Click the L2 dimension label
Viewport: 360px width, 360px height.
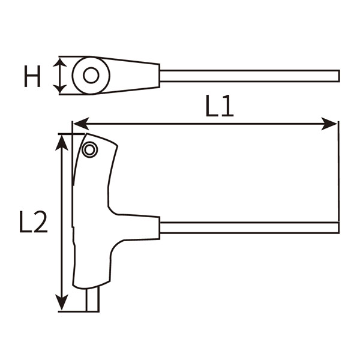33,222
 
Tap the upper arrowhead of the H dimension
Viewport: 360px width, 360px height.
59,62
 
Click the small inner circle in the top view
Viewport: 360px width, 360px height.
91,76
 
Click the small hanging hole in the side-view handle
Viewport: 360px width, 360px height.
90,151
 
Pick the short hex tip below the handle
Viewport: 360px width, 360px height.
92,299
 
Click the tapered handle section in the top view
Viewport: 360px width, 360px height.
135,76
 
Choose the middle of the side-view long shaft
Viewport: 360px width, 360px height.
249,227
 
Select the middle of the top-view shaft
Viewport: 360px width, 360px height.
249,76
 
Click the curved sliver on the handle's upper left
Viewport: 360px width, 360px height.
76,159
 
